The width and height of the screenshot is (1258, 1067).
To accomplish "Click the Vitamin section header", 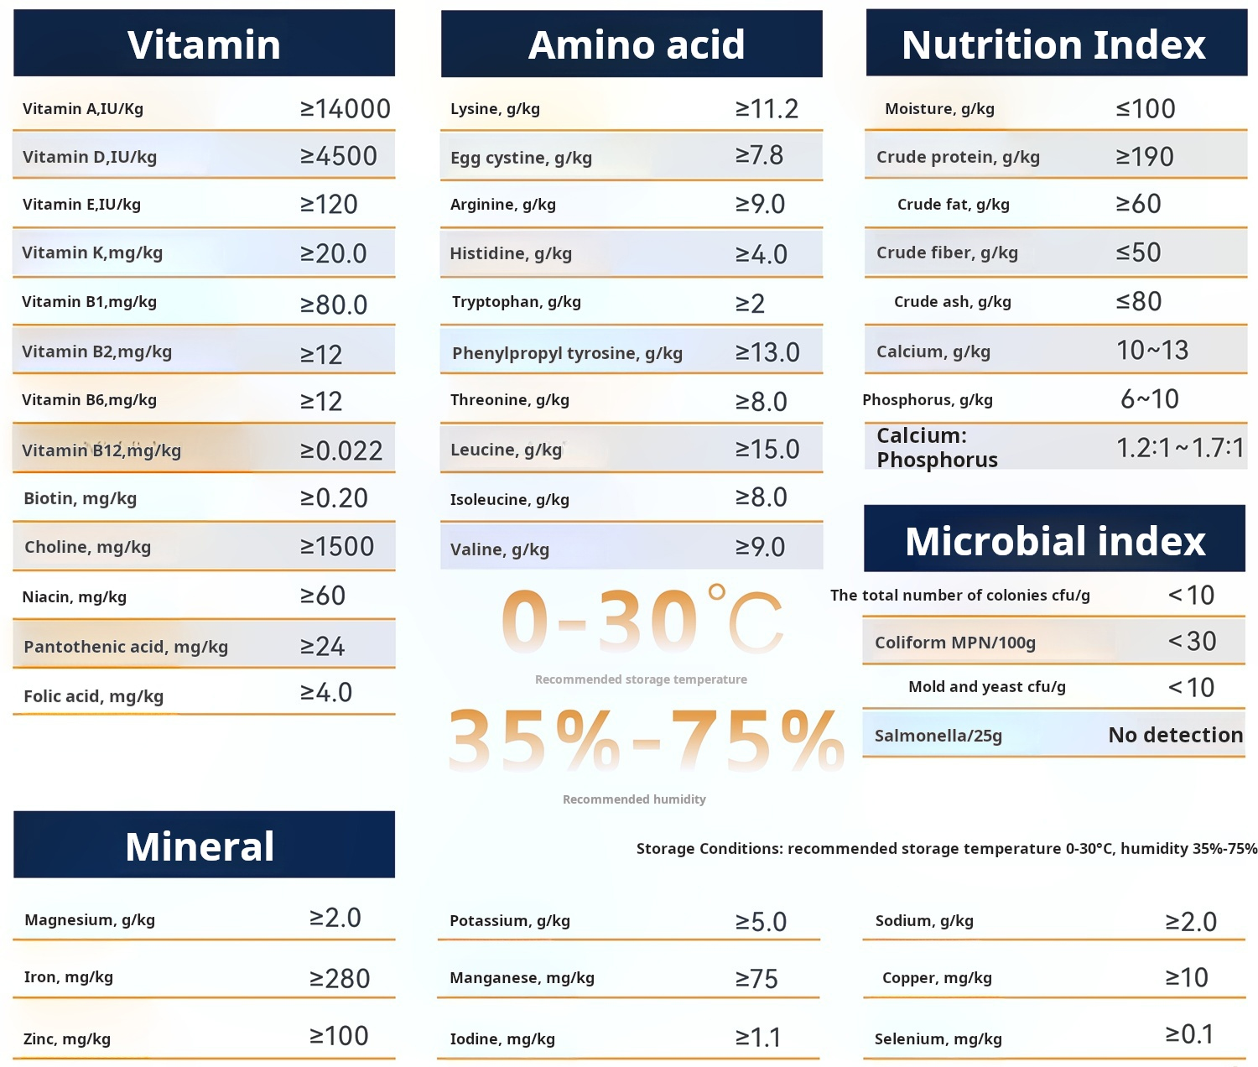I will [x=204, y=44].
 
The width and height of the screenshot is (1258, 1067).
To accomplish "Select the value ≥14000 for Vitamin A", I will [x=346, y=109].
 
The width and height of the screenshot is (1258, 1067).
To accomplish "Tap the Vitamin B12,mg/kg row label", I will [x=101, y=450].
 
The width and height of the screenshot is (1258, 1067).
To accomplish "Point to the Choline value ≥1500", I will [x=337, y=547].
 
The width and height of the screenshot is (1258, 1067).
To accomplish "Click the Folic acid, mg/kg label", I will [x=93, y=696].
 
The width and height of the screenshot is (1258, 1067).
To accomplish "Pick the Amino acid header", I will [x=636, y=44].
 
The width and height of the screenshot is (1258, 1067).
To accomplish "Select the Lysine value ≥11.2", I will [x=767, y=109].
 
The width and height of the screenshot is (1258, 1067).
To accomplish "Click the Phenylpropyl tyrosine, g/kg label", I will [x=567, y=353].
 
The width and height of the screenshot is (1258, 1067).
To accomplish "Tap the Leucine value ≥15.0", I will [x=767, y=450].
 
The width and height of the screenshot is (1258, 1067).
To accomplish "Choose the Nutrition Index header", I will [x=1053, y=44].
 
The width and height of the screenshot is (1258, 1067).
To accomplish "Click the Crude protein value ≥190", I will [x=1144, y=157].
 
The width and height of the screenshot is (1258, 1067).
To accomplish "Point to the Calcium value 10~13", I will [x=1151, y=351].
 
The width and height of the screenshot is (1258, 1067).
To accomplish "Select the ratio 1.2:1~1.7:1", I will [x=1179, y=448].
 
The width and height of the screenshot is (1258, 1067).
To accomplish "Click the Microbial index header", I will [x=1055, y=541].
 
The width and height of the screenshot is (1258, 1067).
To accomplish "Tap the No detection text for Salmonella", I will [x=1175, y=735].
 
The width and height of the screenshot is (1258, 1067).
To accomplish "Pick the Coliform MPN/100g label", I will [x=954, y=643].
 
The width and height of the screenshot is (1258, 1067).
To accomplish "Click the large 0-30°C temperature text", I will [x=642, y=622].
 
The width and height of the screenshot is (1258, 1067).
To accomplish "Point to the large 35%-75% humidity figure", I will [x=646, y=741].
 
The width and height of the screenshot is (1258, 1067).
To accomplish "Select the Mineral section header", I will [x=200, y=846].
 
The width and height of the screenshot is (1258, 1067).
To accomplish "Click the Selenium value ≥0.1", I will [x=1189, y=1034].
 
